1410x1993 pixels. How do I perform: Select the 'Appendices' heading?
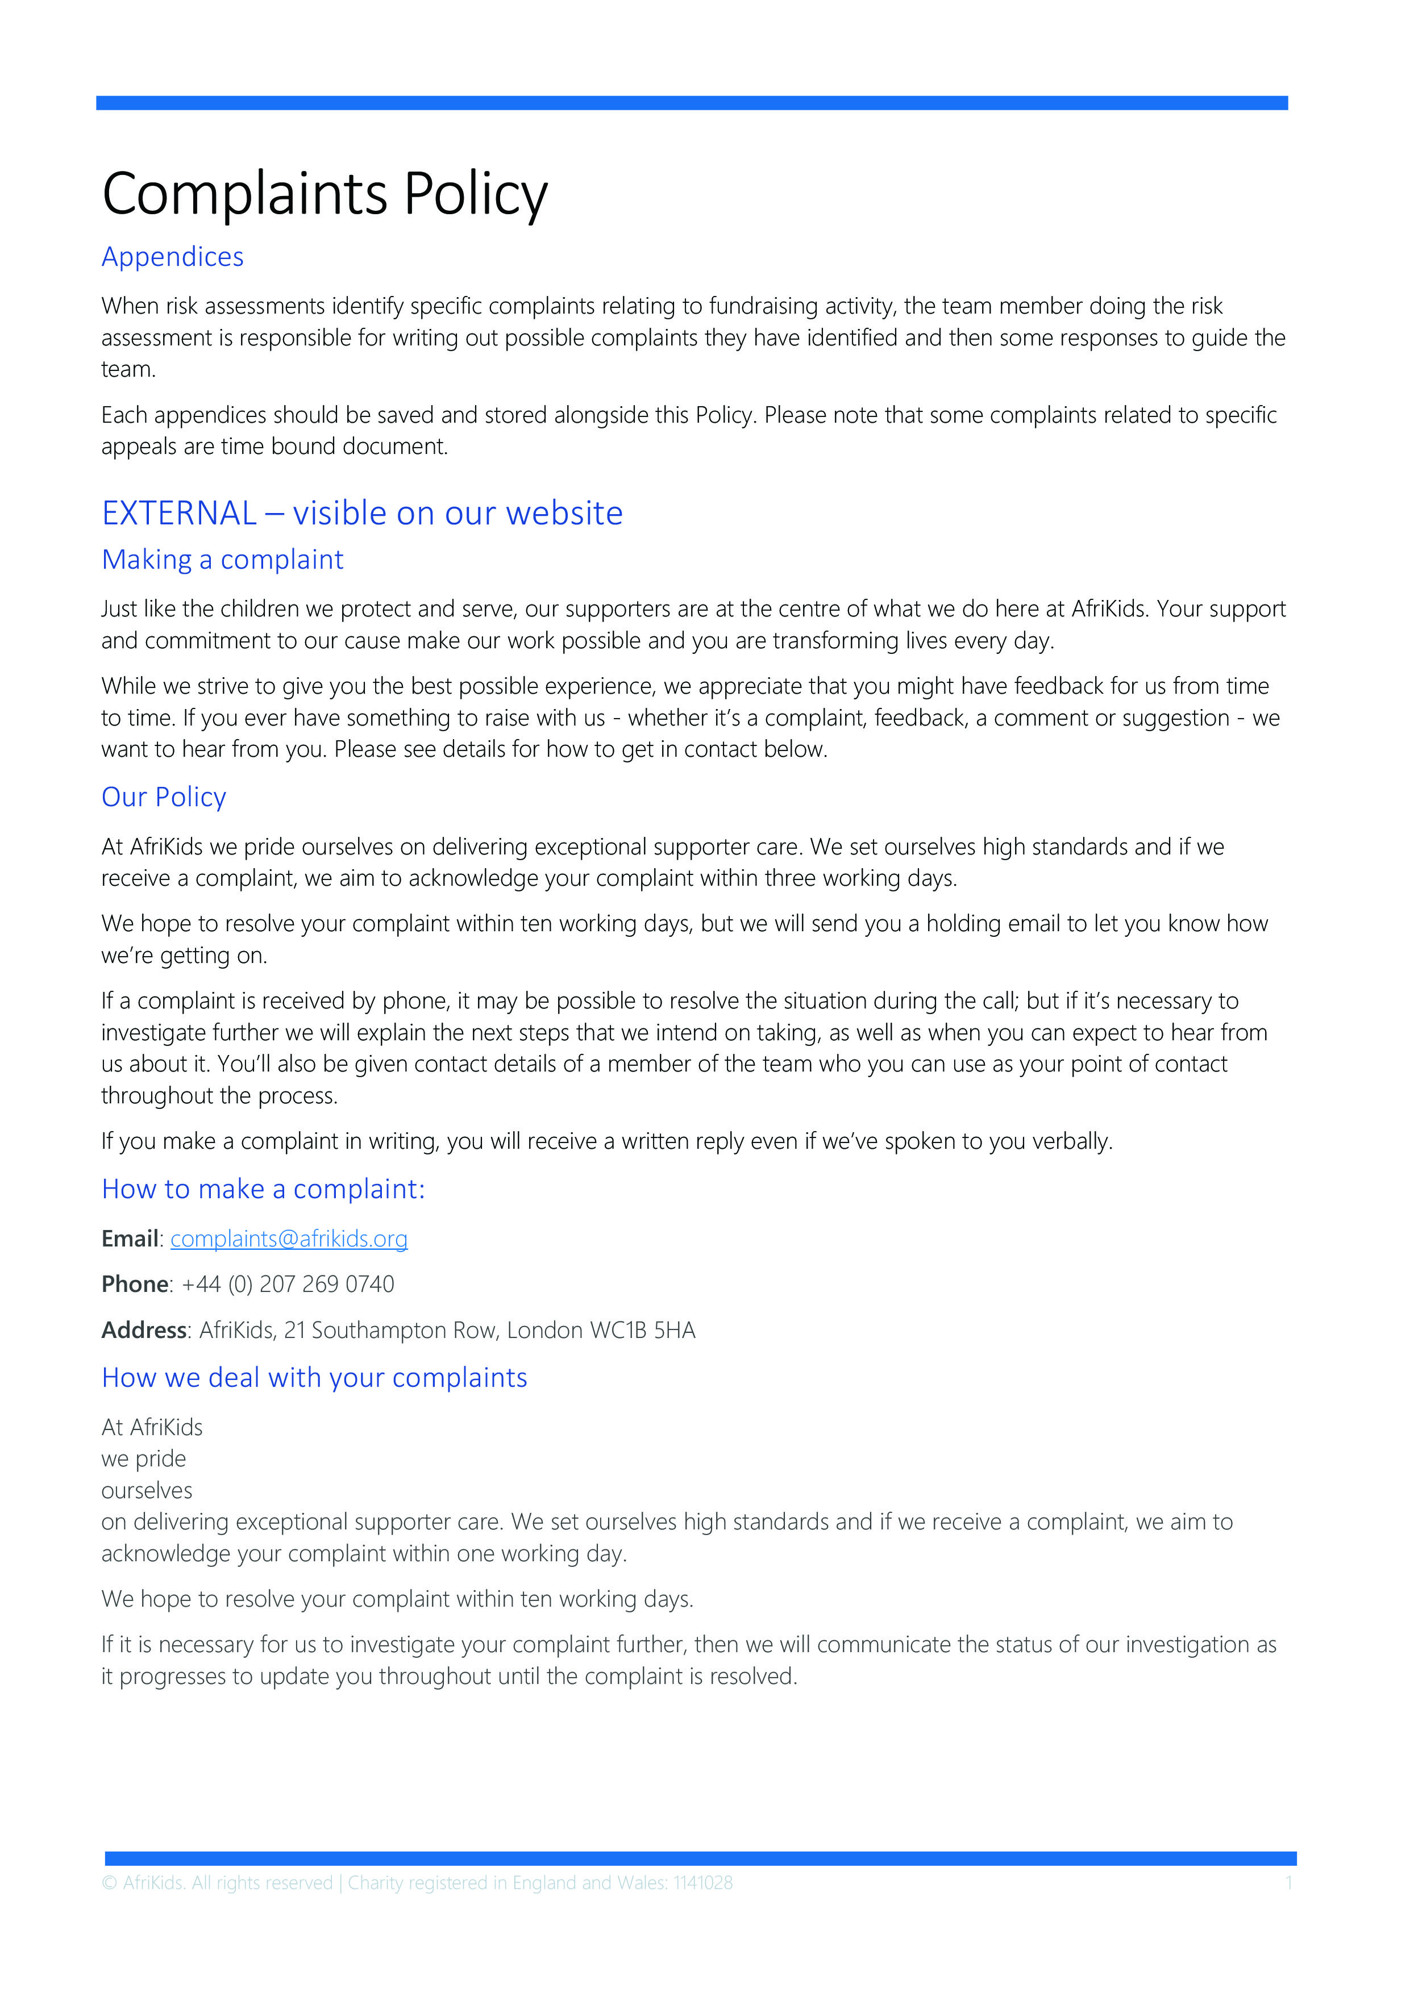tap(173, 257)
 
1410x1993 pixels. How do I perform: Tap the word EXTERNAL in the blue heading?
tap(179, 513)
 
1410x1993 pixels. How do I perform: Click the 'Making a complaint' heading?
tap(222, 560)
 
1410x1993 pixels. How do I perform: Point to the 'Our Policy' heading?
tap(164, 797)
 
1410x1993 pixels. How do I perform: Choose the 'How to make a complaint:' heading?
tap(263, 1189)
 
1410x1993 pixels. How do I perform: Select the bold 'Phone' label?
tap(135, 1284)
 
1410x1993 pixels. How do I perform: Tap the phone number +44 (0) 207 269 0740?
tap(288, 1284)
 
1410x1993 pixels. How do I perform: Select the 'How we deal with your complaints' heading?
tap(314, 1378)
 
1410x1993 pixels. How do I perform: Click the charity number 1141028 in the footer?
tap(702, 1883)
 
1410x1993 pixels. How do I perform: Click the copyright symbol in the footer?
tap(109, 1883)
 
